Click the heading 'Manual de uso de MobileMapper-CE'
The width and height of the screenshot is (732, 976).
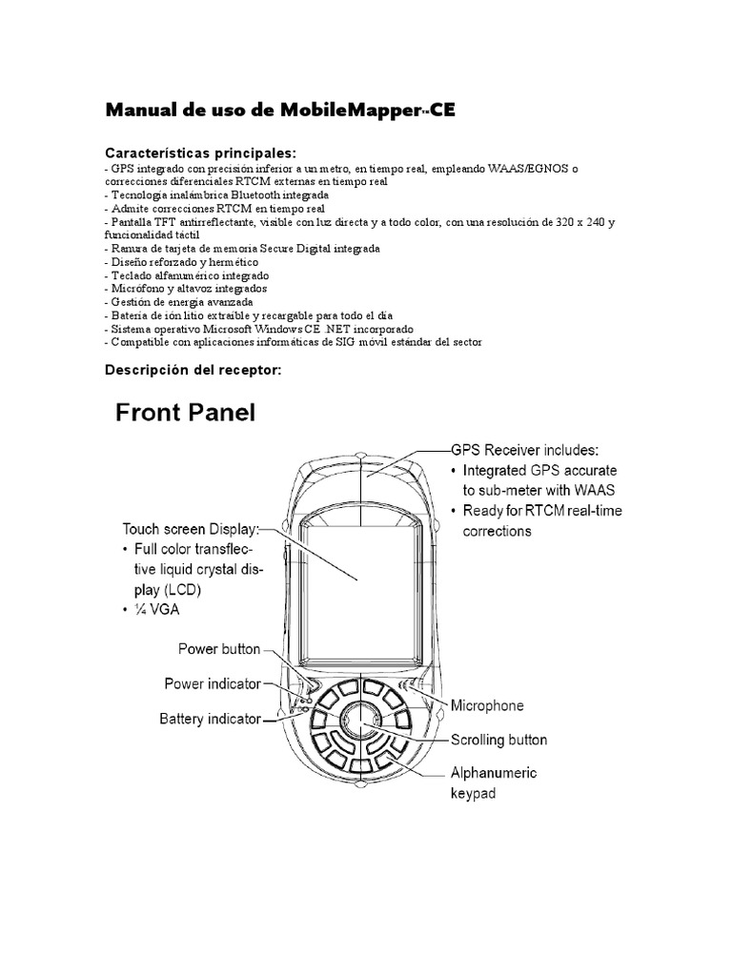click(x=279, y=110)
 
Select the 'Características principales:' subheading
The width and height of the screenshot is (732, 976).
click(x=200, y=152)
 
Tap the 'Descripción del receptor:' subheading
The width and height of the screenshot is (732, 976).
click(x=193, y=370)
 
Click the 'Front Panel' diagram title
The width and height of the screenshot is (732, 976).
click(x=186, y=416)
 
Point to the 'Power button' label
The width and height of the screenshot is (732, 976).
click(x=219, y=649)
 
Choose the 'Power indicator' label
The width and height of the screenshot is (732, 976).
click(x=213, y=683)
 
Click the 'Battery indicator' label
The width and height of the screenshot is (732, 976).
click(x=210, y=719)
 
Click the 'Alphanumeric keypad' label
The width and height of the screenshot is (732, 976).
click(x=493, y=782)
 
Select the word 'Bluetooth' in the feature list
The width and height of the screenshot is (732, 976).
click(x=271, y=194)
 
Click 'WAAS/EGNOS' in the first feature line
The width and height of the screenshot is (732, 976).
click(x=525, y=168)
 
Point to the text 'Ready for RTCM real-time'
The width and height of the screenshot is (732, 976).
click(x=541, y=511)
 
